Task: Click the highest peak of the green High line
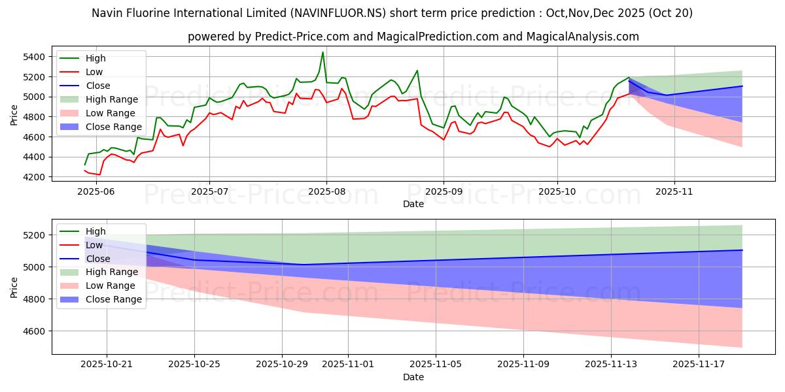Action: [323, 52]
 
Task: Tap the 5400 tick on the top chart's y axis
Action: [34, 57]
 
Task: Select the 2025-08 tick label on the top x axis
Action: [326, 191]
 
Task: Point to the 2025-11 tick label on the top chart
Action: [674, 191]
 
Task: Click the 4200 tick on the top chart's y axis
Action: [34, 177]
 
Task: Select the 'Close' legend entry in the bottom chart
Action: [98, 259]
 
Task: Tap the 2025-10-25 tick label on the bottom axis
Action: [194, 365]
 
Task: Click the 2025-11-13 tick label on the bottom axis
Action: [611, 365]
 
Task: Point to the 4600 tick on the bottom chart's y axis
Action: [34, 331]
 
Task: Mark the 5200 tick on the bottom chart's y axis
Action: [34, 235]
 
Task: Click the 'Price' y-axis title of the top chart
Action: [15, 114]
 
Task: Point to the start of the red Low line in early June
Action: [85, 170]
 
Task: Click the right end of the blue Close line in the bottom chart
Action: [742, 250]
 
